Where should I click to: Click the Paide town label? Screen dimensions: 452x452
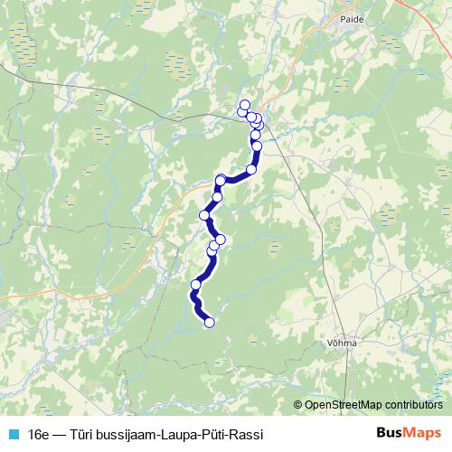click(350, 17)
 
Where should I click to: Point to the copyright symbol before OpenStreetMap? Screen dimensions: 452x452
click(297, 404)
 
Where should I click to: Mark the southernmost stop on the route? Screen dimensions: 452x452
click(210, 322)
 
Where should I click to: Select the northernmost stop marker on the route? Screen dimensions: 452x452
click(244, 105)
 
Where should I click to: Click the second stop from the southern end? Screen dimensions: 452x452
click(195, 286)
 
